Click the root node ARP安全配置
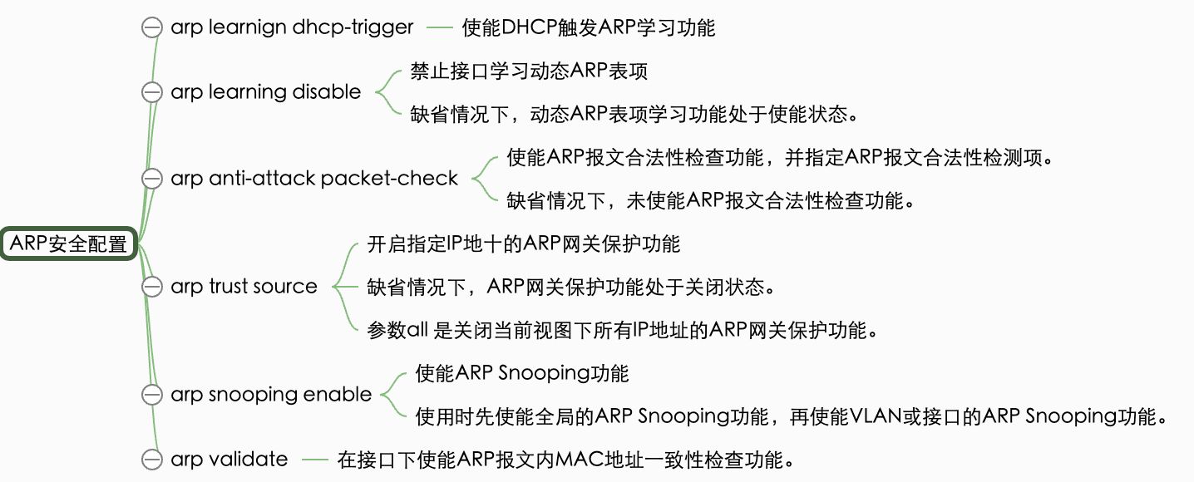[x=69, y=243]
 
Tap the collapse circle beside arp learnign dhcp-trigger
[x=152, y=27]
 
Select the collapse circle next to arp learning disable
[x=152, y=92]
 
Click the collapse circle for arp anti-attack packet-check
[x=152, y=179]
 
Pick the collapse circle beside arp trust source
[x=152, y=287]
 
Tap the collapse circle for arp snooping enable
[x=152, y=395]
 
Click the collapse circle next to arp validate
[x=152, y=459]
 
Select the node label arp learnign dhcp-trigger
[x=292, y=27]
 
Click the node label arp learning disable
[x=265, y=92]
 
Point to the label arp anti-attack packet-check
[x=314, y=179]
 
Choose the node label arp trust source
[x=244, y=287]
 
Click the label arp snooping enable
[x=271, y=395]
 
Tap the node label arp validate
[x=229, y=459]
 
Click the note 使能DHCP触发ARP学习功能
[x=589, y=27]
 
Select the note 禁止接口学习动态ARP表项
[x=529, y=71]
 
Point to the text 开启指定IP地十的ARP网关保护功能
[x=524, y=244]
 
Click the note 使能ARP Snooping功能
[x=522, y=373]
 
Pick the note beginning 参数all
[x=623, y=330]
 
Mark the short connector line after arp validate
[x=315, y=459]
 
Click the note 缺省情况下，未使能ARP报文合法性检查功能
[x=711, y=201]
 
